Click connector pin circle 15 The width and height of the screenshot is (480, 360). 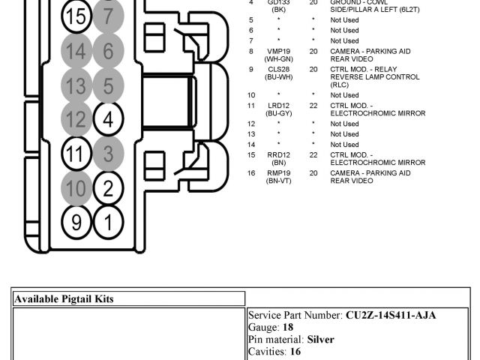click(76, 16)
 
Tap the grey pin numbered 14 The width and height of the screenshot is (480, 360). click(76, 51)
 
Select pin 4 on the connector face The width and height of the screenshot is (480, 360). click(108, 119)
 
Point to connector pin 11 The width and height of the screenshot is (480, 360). click(76, 154)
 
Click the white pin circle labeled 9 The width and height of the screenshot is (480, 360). click(76, 221)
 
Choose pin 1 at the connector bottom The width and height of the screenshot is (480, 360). click(108, 221)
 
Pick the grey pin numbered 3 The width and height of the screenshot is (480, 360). click(108, 154)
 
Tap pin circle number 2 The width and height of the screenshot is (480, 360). click(108, 188)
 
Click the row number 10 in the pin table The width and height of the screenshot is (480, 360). click(252, 95)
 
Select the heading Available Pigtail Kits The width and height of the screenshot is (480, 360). click(64, 298)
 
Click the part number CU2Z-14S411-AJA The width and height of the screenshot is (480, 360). click(390, 315)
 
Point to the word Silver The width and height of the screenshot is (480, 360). click(320, 339)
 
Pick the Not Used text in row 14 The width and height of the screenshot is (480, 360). click(344, 144)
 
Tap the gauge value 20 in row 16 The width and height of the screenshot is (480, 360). click(313, 172)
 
